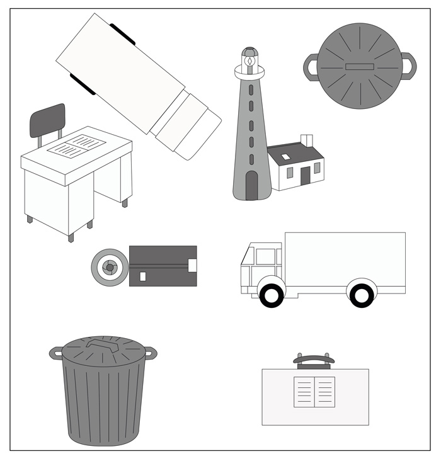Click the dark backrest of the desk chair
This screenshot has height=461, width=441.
coord(48,120)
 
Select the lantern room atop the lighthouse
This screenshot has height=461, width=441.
coord(250,60)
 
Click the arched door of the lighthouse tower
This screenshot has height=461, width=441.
coord(251,185)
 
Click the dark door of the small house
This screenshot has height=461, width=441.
coord(305,176)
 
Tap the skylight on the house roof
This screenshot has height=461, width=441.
coord(286,157)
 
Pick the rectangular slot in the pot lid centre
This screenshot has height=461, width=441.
coord(360,66)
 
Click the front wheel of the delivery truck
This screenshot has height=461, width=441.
coord(272,295)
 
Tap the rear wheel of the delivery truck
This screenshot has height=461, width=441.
coord(360,295)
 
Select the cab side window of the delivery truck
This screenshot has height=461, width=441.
coord(265,256)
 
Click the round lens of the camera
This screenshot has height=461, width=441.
coord(109,268)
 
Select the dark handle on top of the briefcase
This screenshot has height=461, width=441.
coord(314,360)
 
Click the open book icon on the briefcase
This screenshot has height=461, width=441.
coord(314,392)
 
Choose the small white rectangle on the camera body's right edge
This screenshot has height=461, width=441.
coord(193,265)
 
